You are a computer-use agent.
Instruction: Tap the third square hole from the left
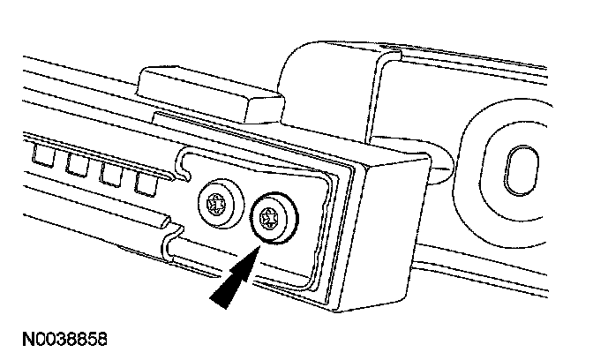tap(110, 174)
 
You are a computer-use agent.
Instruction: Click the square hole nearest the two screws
tap(145, 183)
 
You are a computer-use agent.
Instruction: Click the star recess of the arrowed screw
tap(271, 214)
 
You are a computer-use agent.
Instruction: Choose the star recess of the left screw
tap(217, 201)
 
